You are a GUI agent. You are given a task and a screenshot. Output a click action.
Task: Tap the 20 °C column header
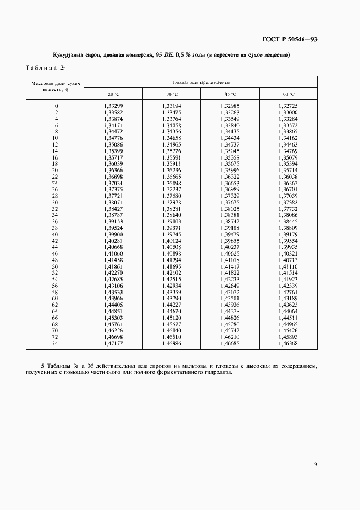(113, 94)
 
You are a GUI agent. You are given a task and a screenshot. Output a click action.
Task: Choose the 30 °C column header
(172, 94)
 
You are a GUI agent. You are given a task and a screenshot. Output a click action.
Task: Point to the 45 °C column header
(230, 94)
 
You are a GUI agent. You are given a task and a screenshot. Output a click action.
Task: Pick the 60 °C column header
(288, 94)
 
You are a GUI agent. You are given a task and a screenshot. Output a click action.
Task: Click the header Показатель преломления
(201, 82)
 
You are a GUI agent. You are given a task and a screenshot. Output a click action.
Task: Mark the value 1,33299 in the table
(113, 105)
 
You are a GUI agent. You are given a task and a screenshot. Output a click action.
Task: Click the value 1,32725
(288, 105)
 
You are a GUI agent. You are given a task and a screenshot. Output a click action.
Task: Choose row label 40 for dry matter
(54, 234)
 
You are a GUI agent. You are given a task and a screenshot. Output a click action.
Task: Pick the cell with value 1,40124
(172, 240)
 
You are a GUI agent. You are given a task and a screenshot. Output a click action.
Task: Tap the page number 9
(315, 464)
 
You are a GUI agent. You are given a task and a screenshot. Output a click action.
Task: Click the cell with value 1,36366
(113, 169)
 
